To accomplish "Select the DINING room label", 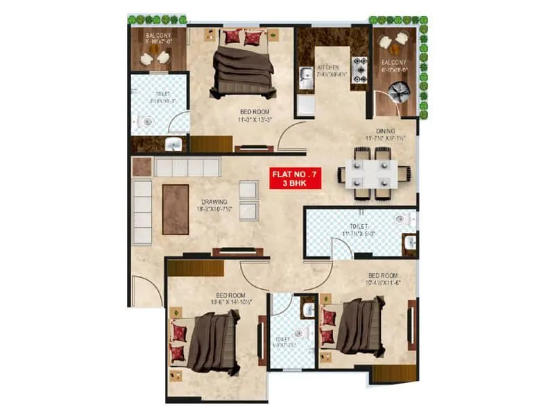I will (x=386, y=131).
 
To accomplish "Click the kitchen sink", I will (x=305, y=77).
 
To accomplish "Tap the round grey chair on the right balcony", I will (x=400, y=92).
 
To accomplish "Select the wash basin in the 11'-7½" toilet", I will (x=410, y=243).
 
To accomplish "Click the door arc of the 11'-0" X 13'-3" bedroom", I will (x=291, y=136).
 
